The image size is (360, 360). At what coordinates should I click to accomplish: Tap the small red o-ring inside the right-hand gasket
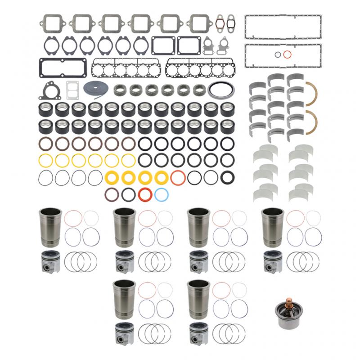coord(287,55)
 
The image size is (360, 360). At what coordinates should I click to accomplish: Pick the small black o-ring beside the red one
coord(278,55)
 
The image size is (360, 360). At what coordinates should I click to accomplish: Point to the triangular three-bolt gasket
coord(49,90)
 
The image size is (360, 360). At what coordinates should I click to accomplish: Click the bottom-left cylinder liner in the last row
coord(123,299)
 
